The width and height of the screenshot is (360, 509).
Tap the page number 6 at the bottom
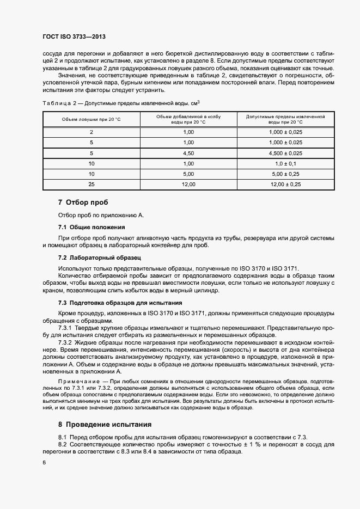(44, 462)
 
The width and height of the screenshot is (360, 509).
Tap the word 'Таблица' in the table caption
(56, 103)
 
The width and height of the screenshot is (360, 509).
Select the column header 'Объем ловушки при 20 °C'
(91, 119)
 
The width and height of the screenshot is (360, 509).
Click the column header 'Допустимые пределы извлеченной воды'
(285, 119)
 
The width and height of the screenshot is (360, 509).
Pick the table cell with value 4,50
(188, 153)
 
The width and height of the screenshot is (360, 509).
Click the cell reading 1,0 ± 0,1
(285, 163)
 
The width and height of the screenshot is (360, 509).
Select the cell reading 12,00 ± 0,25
(285, 185)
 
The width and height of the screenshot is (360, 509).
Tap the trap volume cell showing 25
(91, 185)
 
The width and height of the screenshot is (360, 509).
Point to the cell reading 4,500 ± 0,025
(285, 153)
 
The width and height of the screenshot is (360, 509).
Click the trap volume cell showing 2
(91, 132)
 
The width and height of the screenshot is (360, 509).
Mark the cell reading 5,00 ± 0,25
(285, 174)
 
